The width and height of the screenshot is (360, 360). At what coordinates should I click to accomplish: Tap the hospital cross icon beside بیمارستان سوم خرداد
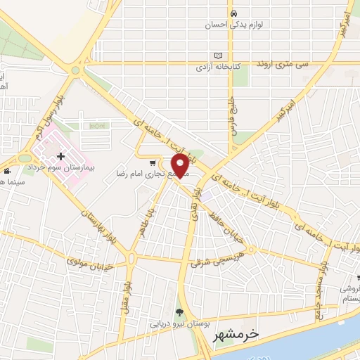tap(60, 155)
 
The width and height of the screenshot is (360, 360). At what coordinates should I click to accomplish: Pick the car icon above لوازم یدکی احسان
tap(233, 13)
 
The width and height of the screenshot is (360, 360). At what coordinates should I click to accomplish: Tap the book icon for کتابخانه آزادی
tap(218, 56)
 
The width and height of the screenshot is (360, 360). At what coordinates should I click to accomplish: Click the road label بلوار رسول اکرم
tap(44, 124)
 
